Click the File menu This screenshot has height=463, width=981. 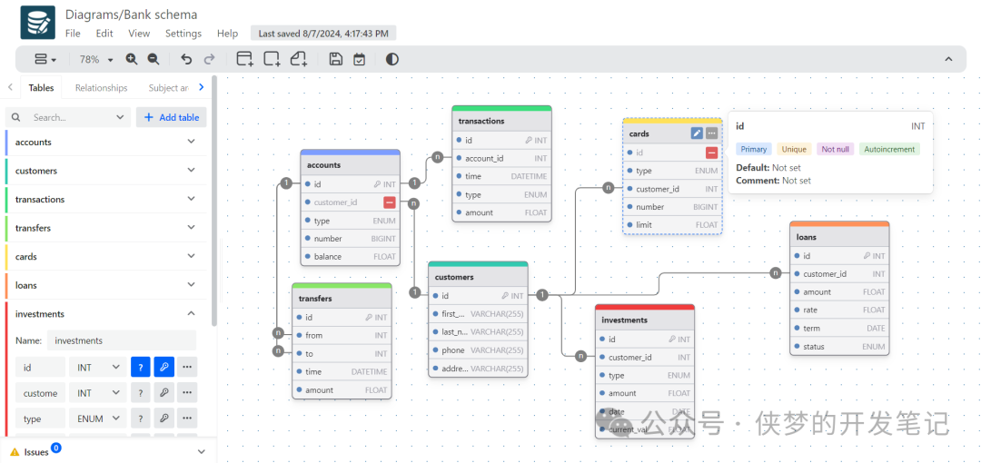(x=73, y=34)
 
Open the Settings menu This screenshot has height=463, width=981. (x=183, y=34)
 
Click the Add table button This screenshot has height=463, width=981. (x=172, y=117)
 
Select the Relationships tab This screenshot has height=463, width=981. (x=101, y=88)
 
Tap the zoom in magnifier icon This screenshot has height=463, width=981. (x=132, y=59)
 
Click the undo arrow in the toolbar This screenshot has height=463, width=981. (x=186, y=59)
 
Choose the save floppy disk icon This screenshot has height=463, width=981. (x=336, y=59)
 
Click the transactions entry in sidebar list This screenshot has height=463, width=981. (x=40, y=199)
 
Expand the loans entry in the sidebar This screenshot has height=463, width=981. (x=191, y=285)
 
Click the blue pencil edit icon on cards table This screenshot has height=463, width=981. (x=697, y=133)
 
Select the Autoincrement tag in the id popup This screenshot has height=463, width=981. (x=889, y=149)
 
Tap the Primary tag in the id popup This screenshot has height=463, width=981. (x=754, y=149)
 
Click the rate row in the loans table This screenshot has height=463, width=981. (x=839, y=310)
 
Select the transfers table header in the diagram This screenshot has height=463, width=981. (x=342, y=298)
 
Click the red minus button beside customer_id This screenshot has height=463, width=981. (x=390, y=202)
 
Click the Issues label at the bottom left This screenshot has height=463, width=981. (x=36, y=452)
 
